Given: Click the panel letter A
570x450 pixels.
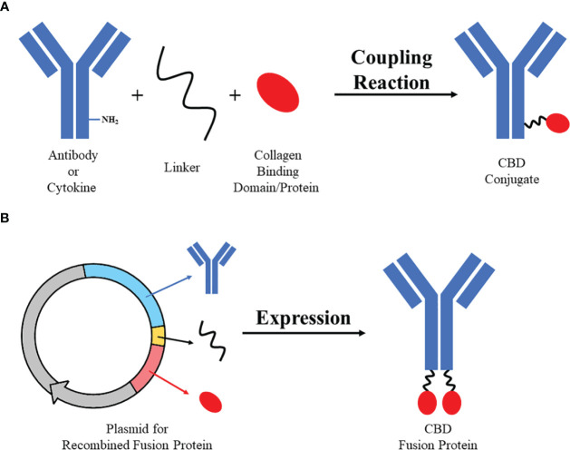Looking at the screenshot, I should (7, 7).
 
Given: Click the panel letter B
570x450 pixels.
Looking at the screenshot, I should (7, 220).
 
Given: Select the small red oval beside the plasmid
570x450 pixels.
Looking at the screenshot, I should (212, 398).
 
